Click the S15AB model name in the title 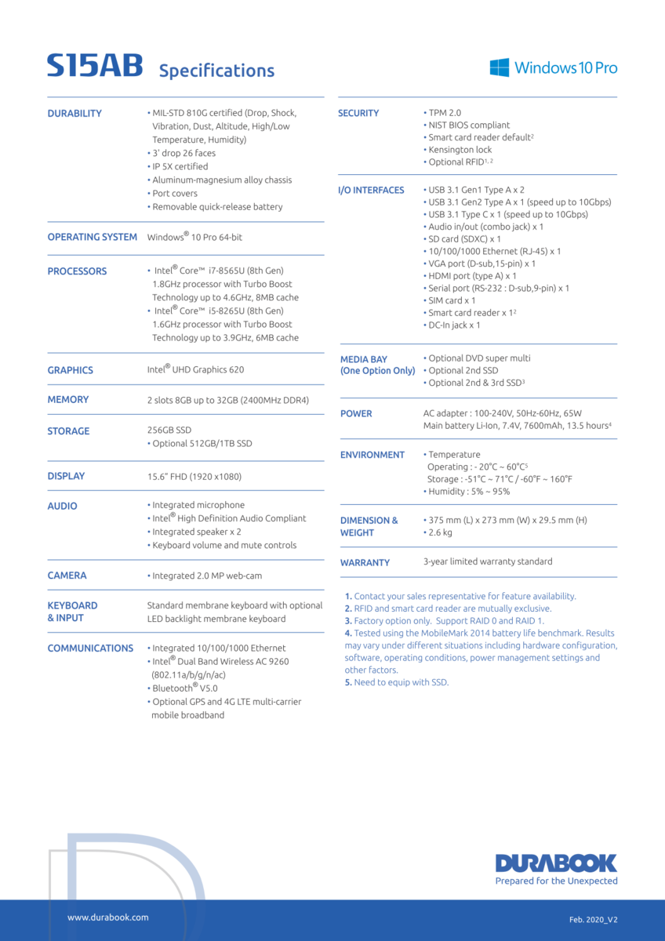click(x=95, y=66)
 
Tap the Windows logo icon click(x=500, y=67)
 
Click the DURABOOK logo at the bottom click(x=556, y=863)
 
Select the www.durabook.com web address click(x=107, y=917)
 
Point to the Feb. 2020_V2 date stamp click(x=598, y=919)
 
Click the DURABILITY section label click(x=74, y=114)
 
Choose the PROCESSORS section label click(x=77, y=271)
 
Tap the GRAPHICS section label click(x=70, y=370)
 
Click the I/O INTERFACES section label click(x=371, y=190)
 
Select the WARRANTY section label click(x=365, y=562)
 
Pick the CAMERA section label click(x=67, y=576)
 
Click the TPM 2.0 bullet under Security click(x=445, y=113)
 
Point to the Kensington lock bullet click(x=460, y=150)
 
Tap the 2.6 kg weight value click(x=440, y=532)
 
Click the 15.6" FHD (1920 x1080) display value click(x=194, y=476)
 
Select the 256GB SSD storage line click(x=169, y=430)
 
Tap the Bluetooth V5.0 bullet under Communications click(x=184, y=688)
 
